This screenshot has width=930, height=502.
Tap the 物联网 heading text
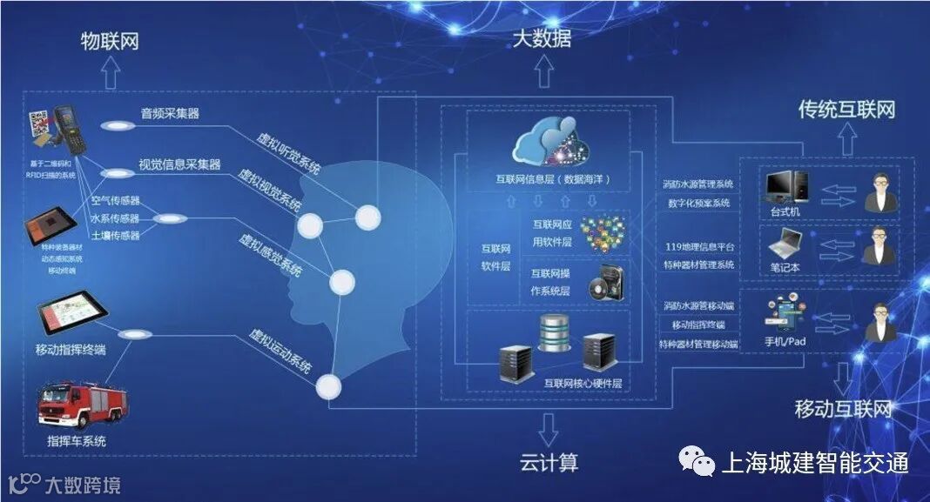[110, 41]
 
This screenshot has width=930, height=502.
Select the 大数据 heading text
[542, 38]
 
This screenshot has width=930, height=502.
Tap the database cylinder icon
[555, 335]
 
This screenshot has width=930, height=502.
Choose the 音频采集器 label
[171, 114]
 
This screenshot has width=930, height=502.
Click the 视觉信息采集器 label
[179, 164]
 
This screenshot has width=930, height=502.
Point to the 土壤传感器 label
[116, 236]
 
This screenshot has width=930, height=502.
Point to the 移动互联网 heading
[844, 410]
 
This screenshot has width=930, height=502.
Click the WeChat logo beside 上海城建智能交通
[694, 461]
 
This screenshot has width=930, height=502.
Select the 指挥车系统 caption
[77, 441]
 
